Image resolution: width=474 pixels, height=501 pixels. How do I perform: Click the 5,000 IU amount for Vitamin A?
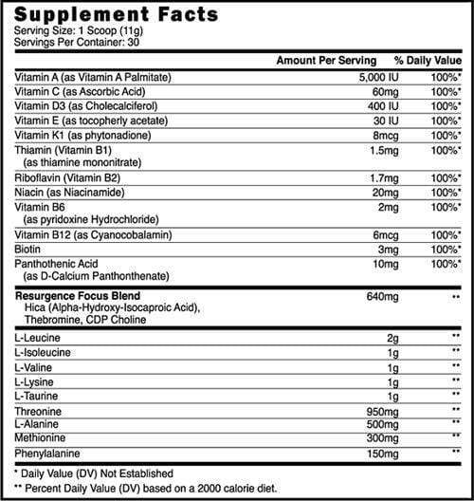click(x=365, y=78)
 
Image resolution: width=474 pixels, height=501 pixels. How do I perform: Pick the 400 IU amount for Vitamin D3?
click(x=371, y=108)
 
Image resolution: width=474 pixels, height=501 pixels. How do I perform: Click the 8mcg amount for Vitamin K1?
click(x=373, y=137)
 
